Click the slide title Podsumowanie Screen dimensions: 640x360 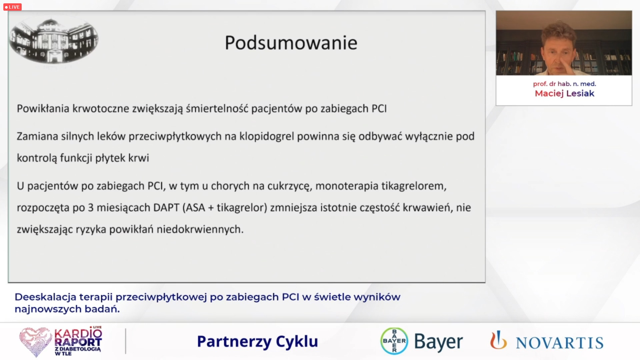point(291,43)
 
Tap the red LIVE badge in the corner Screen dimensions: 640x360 point(12,7)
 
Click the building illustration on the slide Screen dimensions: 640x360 point(53,41)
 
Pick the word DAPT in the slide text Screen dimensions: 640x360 point(166,207)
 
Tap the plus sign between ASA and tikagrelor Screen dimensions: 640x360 point(211,208)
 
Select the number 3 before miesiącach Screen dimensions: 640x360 point(91,207)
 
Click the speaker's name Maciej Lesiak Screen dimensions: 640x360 point(564,93)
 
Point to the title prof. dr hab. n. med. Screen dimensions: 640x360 point(564,84)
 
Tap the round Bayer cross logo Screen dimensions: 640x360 point(394,341)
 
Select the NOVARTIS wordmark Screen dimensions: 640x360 point(560,343)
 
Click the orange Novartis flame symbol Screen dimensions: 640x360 point(498,340)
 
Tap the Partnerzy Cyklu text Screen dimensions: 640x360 point(257,342)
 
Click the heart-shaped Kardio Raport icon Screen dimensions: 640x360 point(35,342)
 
